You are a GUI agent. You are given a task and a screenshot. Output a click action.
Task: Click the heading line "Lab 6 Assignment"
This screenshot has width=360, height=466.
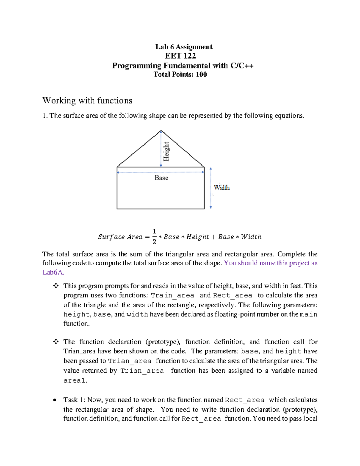pyautogui.click(x=184, y=47)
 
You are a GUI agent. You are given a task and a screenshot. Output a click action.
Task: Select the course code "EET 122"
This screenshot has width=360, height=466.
pyautogui.click(x=180, y=56)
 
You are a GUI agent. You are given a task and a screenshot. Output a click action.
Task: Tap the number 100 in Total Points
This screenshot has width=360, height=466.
pyautogui.click(x=201, y=74)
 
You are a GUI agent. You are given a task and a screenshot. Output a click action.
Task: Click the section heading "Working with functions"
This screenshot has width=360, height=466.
pyautogui.click(x=87, y=101)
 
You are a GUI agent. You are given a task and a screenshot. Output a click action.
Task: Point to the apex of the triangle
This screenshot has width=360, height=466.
pyautogui.click(x=161, y=131)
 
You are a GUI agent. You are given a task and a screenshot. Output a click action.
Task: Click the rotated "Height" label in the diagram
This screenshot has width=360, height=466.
pyautogui.click(x=166, y=151)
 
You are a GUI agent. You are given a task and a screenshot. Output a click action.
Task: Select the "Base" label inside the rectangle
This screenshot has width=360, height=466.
pyautogui.click(x=161, y=178)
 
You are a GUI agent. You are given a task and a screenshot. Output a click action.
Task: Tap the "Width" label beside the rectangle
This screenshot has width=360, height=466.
pyautogui.click(x=222, y=188)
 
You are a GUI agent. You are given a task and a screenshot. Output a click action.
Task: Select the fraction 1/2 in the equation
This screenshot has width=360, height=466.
pyautogui.click(x=154, y=236)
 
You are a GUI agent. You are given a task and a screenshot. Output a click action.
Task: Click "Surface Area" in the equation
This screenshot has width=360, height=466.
pyautogui.click(x=120, y=237)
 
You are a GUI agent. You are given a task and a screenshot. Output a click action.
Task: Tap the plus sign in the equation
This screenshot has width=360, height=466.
pyautogui.click(x=213, y=237)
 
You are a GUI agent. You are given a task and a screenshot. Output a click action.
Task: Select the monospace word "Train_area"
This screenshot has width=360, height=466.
pyautogui.click(x=172, y=296)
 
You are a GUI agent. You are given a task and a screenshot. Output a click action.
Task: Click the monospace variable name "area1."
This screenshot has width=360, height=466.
pyautogui.click(x=75, y=380)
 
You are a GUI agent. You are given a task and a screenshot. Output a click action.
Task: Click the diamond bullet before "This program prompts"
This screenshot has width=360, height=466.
pyautogui.click(x=56, y=286)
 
